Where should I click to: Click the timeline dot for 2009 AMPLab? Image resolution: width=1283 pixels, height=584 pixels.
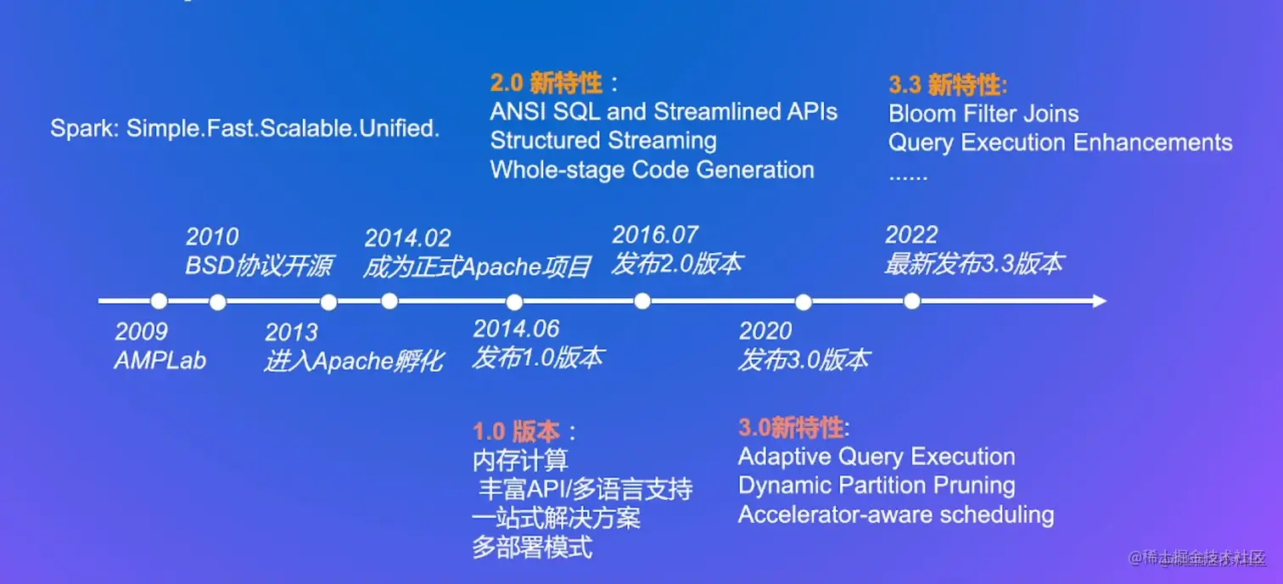tap(159, 300)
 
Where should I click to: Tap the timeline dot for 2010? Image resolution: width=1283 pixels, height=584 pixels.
tap(217, 302)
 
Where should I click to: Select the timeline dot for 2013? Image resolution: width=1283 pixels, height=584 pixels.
tap(328, 302)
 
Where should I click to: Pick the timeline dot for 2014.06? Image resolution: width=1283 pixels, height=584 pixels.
tap(514, 302)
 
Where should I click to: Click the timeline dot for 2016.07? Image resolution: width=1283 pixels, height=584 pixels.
tap(642, 300)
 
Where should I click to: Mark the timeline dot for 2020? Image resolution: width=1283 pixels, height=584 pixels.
tap(804, 302)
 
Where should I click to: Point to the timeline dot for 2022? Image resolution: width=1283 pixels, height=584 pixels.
tap(912, 300)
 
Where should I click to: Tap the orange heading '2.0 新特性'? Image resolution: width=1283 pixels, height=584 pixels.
tap(546, 83)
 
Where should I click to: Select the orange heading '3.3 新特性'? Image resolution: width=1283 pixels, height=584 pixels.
tap(947, 85)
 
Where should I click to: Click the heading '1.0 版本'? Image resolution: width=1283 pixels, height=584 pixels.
tap(516, 431)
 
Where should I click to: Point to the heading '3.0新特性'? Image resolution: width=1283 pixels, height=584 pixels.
tap(791, 428)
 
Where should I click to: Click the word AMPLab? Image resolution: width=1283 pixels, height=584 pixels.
tap(160, 361)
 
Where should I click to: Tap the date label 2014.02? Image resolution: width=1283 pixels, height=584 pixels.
tap(408, 238)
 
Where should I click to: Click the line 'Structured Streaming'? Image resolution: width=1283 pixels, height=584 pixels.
tap(603, 141)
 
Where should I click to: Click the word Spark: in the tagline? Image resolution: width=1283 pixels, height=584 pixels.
tap(85, 128)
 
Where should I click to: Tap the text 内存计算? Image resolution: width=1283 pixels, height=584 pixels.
tap(520, 460)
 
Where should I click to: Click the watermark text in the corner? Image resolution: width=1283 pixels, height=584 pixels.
tap(1196, 558)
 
